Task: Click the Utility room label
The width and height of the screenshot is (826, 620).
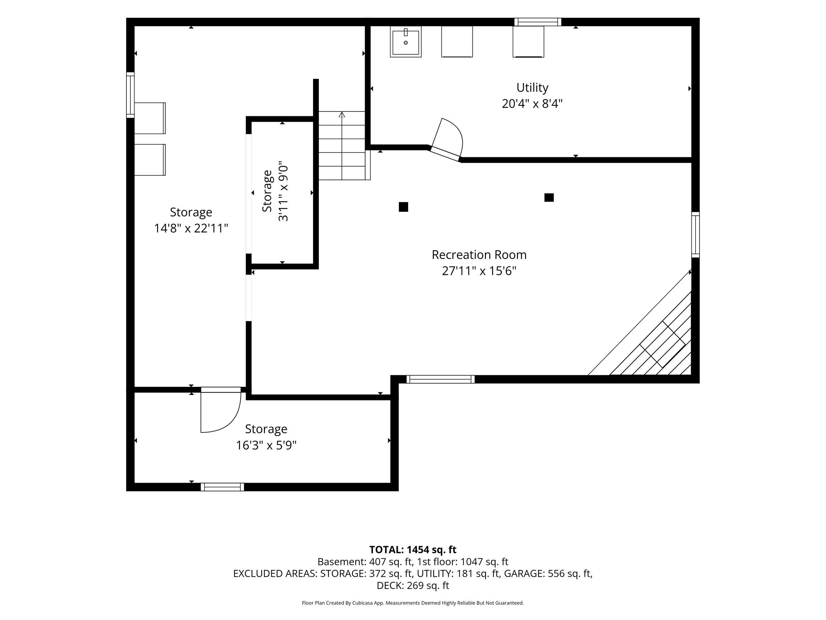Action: [532, 88]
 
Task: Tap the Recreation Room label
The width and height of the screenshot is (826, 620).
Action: [479, 255]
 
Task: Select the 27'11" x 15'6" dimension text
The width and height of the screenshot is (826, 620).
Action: [479, 271]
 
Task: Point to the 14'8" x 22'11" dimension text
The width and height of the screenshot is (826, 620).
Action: [191, 228]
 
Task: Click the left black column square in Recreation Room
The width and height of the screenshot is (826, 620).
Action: [403, 207]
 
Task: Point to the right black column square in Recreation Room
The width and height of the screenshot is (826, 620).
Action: [549, 197]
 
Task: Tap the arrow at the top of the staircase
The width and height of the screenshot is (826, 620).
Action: [342, 114]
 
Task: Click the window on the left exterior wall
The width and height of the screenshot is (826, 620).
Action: [130, 95]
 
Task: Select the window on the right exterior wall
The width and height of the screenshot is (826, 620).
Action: [695, 235]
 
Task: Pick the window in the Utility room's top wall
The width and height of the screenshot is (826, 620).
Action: [538, 22]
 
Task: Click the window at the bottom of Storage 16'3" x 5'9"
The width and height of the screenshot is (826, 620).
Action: [222, 487]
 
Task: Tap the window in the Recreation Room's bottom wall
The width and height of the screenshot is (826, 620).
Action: [441, 379]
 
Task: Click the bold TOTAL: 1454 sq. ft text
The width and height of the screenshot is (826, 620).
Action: [413, 550]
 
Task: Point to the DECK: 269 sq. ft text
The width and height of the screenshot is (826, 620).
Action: [413, 585]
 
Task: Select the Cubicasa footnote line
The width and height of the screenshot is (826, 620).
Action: [413, 603]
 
